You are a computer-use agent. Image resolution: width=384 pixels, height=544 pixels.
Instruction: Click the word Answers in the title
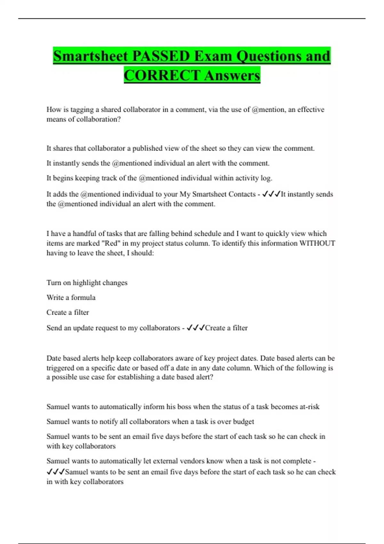click(232, 76)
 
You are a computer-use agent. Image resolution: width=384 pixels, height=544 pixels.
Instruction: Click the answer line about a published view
click(180, 148)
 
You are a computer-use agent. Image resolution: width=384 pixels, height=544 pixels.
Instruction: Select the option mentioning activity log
click(159, 178)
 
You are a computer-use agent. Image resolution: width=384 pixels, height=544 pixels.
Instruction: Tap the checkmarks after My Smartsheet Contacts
click(271, 194)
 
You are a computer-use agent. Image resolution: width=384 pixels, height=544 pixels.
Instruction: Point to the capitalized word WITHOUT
click(317, 243)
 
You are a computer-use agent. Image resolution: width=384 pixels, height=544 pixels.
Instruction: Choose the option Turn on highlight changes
click(87, 283)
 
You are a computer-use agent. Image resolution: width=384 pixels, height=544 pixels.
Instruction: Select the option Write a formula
click(71, 298)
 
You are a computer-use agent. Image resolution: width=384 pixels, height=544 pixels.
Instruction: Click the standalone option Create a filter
click(68, 312)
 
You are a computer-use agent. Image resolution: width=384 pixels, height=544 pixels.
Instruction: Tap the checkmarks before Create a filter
click(196, 328)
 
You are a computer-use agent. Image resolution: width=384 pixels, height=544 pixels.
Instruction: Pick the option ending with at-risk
click(183, 407)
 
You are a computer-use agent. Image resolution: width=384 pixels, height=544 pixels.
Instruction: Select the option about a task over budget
click(150, 422)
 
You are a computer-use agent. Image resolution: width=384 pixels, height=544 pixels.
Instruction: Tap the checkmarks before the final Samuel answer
click(56, 472)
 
